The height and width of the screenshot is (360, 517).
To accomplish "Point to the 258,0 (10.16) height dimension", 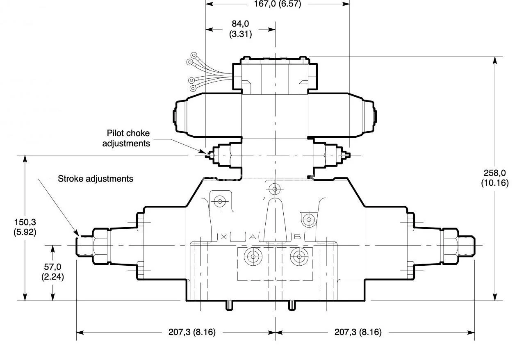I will click(x=495, y=178).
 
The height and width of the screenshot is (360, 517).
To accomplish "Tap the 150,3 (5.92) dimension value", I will click(x=25, y=227).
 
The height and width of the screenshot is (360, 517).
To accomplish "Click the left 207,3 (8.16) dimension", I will click(x=192, y=332).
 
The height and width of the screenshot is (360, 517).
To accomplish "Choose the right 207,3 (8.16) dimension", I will click(x=358, y=332).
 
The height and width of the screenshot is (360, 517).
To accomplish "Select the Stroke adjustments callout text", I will click(x=95, y=179).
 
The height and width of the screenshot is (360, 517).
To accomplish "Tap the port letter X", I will click(x=224, y=237).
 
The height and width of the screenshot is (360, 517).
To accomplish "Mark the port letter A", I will click(x=253, y=237).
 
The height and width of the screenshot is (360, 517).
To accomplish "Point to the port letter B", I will click(x=298, y=237).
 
